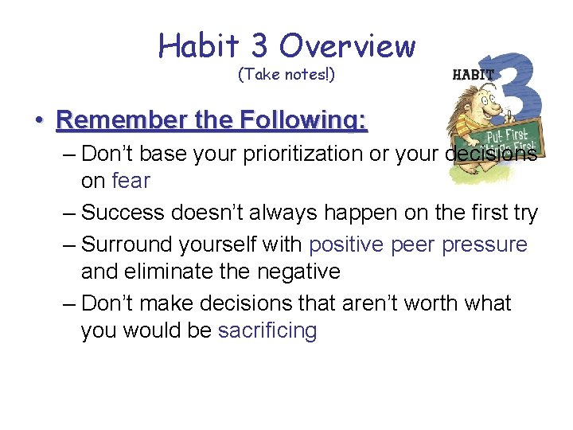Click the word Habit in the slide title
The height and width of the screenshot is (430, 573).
point(199,46)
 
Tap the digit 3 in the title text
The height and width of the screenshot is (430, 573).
point(259,46)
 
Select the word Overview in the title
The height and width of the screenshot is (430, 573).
point(347,46)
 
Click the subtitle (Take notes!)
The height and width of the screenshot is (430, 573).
point(286,75)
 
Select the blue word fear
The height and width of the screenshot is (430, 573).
point(131,181)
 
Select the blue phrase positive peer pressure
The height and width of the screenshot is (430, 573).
point(418,244)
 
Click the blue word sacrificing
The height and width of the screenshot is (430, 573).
point(267,330)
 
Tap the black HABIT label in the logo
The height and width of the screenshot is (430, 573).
point(473,74)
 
